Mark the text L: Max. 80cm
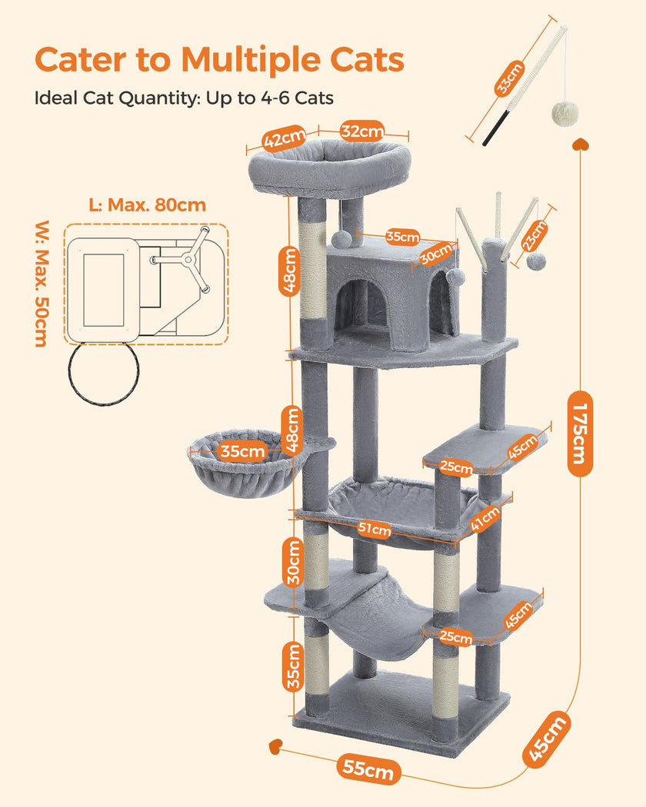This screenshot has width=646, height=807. tap(147, 205)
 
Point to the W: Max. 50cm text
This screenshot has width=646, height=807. tap(41, 284)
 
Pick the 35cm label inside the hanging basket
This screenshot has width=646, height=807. tap(242, 452)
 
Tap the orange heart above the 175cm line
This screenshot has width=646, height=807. tap(584, 144)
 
